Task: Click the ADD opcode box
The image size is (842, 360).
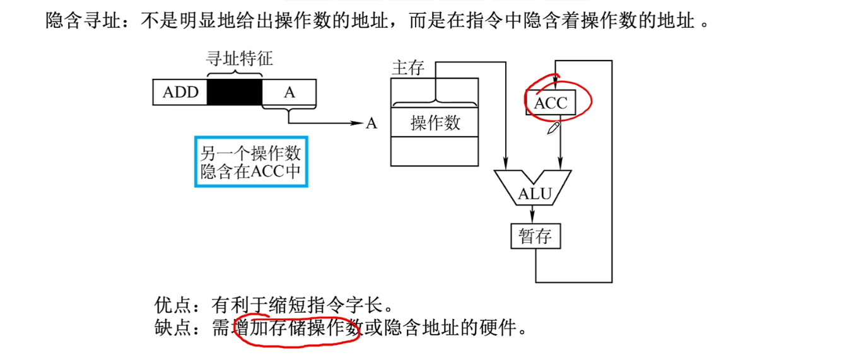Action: pos(180,92)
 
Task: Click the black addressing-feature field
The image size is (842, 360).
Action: pos(235,92)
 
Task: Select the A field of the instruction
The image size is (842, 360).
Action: pos(289,92)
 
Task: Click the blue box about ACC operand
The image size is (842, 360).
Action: pos(251,161)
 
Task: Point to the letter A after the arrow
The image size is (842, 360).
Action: pos(371,124)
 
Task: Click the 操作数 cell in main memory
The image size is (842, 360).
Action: pos(435,122)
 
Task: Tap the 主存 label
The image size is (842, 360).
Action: pos(408,68)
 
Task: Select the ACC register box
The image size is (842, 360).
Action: pos(551,103)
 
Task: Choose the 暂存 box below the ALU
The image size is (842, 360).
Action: pos(535,236)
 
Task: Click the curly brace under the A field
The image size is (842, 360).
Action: pos(289,113)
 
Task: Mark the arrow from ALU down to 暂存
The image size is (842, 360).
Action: pos(535,214)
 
